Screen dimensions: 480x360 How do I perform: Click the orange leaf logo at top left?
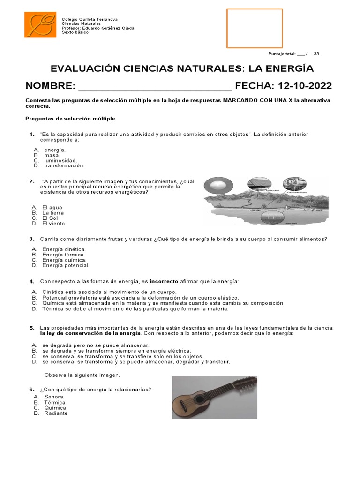tap(40, 26)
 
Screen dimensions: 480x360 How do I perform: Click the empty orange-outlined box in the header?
tap(255, 28)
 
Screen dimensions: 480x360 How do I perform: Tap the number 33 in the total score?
tap(316, 54)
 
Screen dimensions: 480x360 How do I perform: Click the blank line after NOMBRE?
tap(155, 87)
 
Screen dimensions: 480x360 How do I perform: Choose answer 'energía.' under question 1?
tap(55, 150)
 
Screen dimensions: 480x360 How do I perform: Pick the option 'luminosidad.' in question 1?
tap(60, 160)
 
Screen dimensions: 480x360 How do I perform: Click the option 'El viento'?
tap(53, 224)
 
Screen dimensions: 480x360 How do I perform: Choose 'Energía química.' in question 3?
tap(64, 260)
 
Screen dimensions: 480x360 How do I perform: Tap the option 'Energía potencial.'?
tap(66, 265)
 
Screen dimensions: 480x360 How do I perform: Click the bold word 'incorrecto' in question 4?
tap(164, 281)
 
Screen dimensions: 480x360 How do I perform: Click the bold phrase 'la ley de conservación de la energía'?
tap(90, 333)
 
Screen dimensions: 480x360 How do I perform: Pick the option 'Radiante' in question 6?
tap(55, 413)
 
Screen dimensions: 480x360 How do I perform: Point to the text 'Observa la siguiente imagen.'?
tap(82, 375)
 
